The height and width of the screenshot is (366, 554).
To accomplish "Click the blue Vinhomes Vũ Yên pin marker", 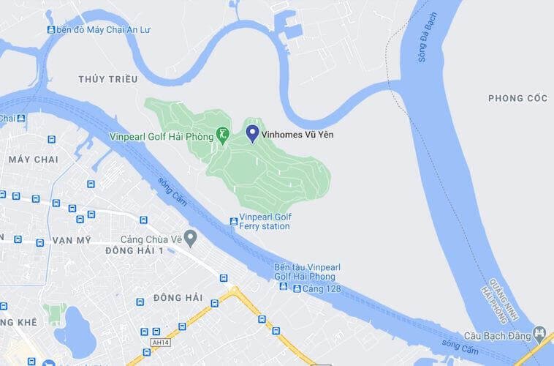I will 252,132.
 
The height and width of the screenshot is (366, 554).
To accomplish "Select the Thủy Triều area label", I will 107,78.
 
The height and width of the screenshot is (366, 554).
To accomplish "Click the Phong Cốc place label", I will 517,98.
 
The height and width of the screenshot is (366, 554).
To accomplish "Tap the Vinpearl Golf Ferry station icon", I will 234,221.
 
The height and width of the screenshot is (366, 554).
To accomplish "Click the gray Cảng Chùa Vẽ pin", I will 190,238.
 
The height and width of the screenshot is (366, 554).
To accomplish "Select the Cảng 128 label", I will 322,288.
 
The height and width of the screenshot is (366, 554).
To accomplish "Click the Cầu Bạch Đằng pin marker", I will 540,332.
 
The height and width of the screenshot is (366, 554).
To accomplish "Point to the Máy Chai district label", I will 34,159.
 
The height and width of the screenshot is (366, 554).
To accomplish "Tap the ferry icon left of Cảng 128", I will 297,288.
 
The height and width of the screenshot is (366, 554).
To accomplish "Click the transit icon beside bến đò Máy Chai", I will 51,29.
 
